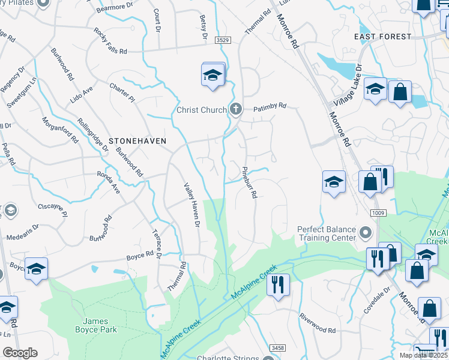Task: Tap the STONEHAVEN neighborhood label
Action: click(137, 140)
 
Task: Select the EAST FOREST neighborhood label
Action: click(383, 37)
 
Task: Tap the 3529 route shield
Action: click(223, 40)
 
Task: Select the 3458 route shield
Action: click(277, 348)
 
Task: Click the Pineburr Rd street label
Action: click(250, 182)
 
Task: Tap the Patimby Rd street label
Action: click(270, 106)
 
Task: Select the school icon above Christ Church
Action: click(212, 75)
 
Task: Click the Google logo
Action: click(20, 353)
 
